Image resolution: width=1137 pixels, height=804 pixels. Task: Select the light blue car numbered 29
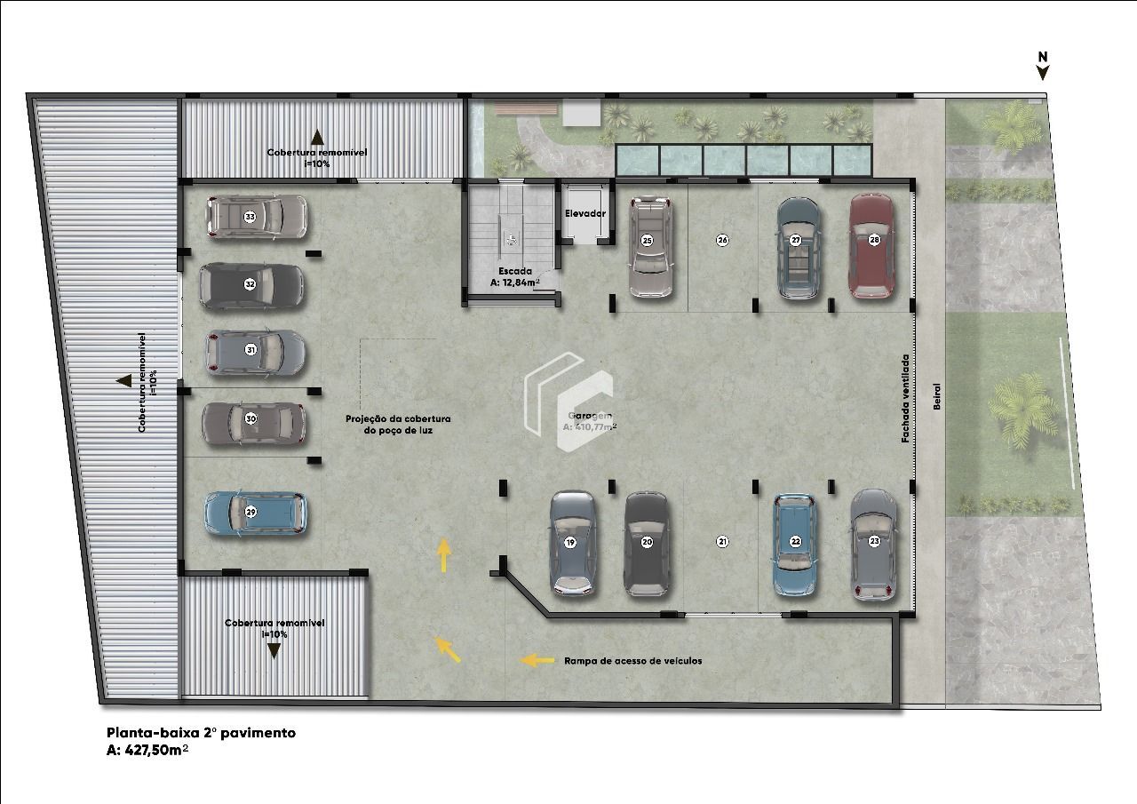point(255,513)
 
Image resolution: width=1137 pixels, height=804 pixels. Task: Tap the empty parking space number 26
point(722,240)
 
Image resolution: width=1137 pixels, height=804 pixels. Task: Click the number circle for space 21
point(722,541)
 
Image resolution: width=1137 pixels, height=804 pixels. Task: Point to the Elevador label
point(585,214)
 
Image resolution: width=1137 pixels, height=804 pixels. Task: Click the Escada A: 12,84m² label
point(514,277)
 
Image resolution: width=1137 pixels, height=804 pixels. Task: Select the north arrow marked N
point(1043,65)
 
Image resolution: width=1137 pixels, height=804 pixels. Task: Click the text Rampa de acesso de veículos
point(632,661)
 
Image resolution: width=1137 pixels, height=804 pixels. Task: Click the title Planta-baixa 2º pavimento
point(201,733)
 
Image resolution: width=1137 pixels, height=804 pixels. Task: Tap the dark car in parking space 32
point(251,285)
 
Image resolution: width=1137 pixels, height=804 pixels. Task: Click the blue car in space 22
point(795,544)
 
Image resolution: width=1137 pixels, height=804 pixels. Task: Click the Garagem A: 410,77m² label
point(589,421)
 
